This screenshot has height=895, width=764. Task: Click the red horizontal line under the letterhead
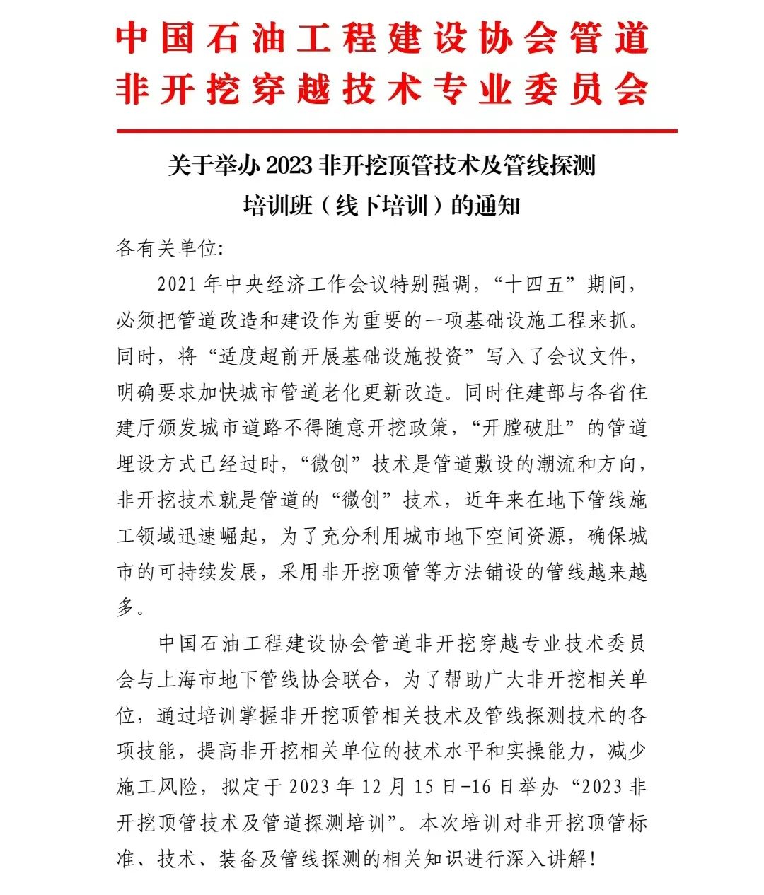(396, 131)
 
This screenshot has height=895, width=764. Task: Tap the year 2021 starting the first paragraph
(177, 285)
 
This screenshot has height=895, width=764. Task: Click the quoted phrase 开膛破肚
(523, 428)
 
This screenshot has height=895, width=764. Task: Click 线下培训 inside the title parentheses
(382, 206)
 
